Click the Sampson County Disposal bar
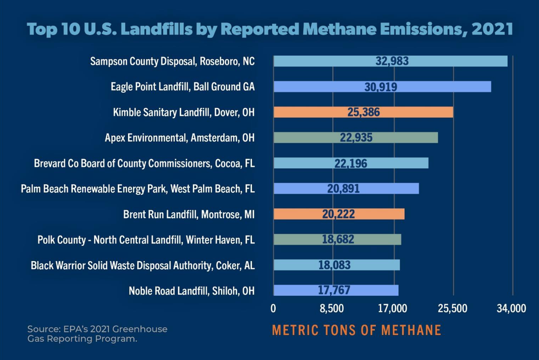(x=390, y=61)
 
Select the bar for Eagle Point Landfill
(x=382, y=86)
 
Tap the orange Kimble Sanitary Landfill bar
(x=363, y=112)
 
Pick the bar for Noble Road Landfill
(x=335, y=290)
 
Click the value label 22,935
(x=356, y=137)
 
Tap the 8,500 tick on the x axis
(x=332, y=308)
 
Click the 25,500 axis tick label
(x=452, y=308)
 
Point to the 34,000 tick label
(x=511, y=308)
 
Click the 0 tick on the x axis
(x=273, y=308)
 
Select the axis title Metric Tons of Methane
(x=356, y=330)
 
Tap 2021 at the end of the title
(x=492, y=28)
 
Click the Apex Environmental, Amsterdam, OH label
(x=179, y=137)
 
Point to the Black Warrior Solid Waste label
(x=143, y=265)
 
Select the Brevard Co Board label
(x=144, y=163)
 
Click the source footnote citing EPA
(x=97, y=334)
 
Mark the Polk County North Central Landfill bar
(x=337, y=239)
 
